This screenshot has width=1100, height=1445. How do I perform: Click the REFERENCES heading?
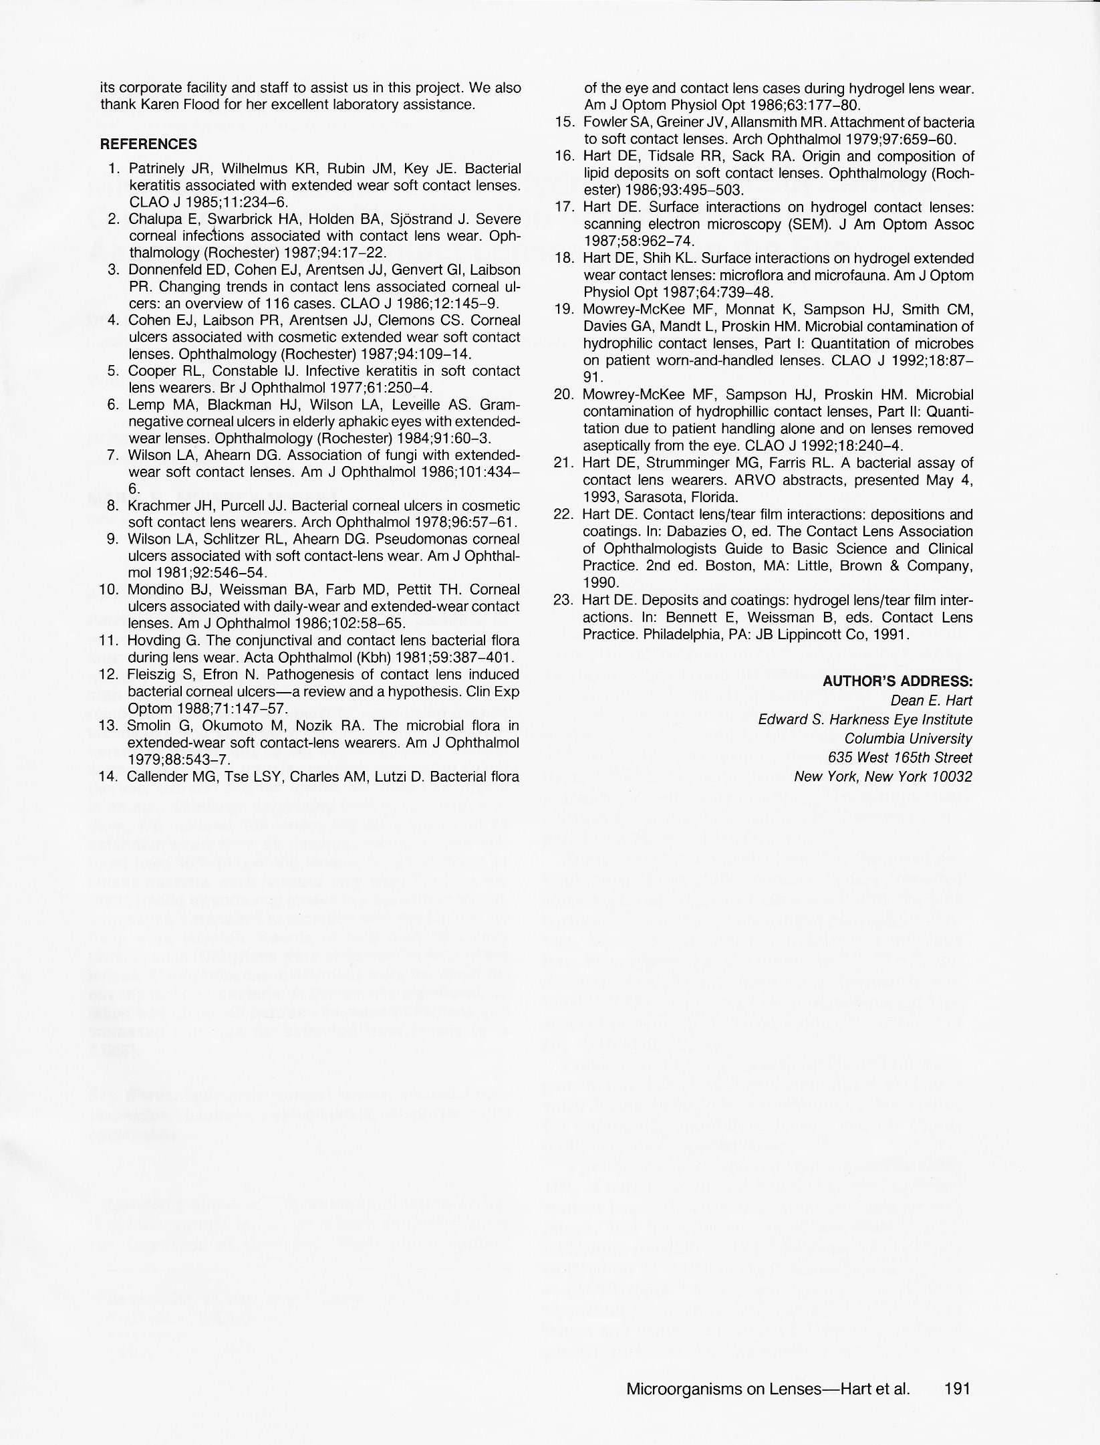[x=148, y=144]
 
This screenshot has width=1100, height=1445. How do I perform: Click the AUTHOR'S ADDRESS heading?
[x=897, y=681]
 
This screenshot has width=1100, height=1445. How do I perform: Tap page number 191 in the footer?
[x=958, y=1388]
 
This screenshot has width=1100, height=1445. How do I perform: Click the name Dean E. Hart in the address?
[x=931, y=701]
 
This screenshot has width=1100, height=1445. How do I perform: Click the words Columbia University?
[x=908, y=739]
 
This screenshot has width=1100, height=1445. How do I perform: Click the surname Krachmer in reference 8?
[x=157, y=506]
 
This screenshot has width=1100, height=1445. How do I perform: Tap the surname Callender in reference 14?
[x=156, y=776]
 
